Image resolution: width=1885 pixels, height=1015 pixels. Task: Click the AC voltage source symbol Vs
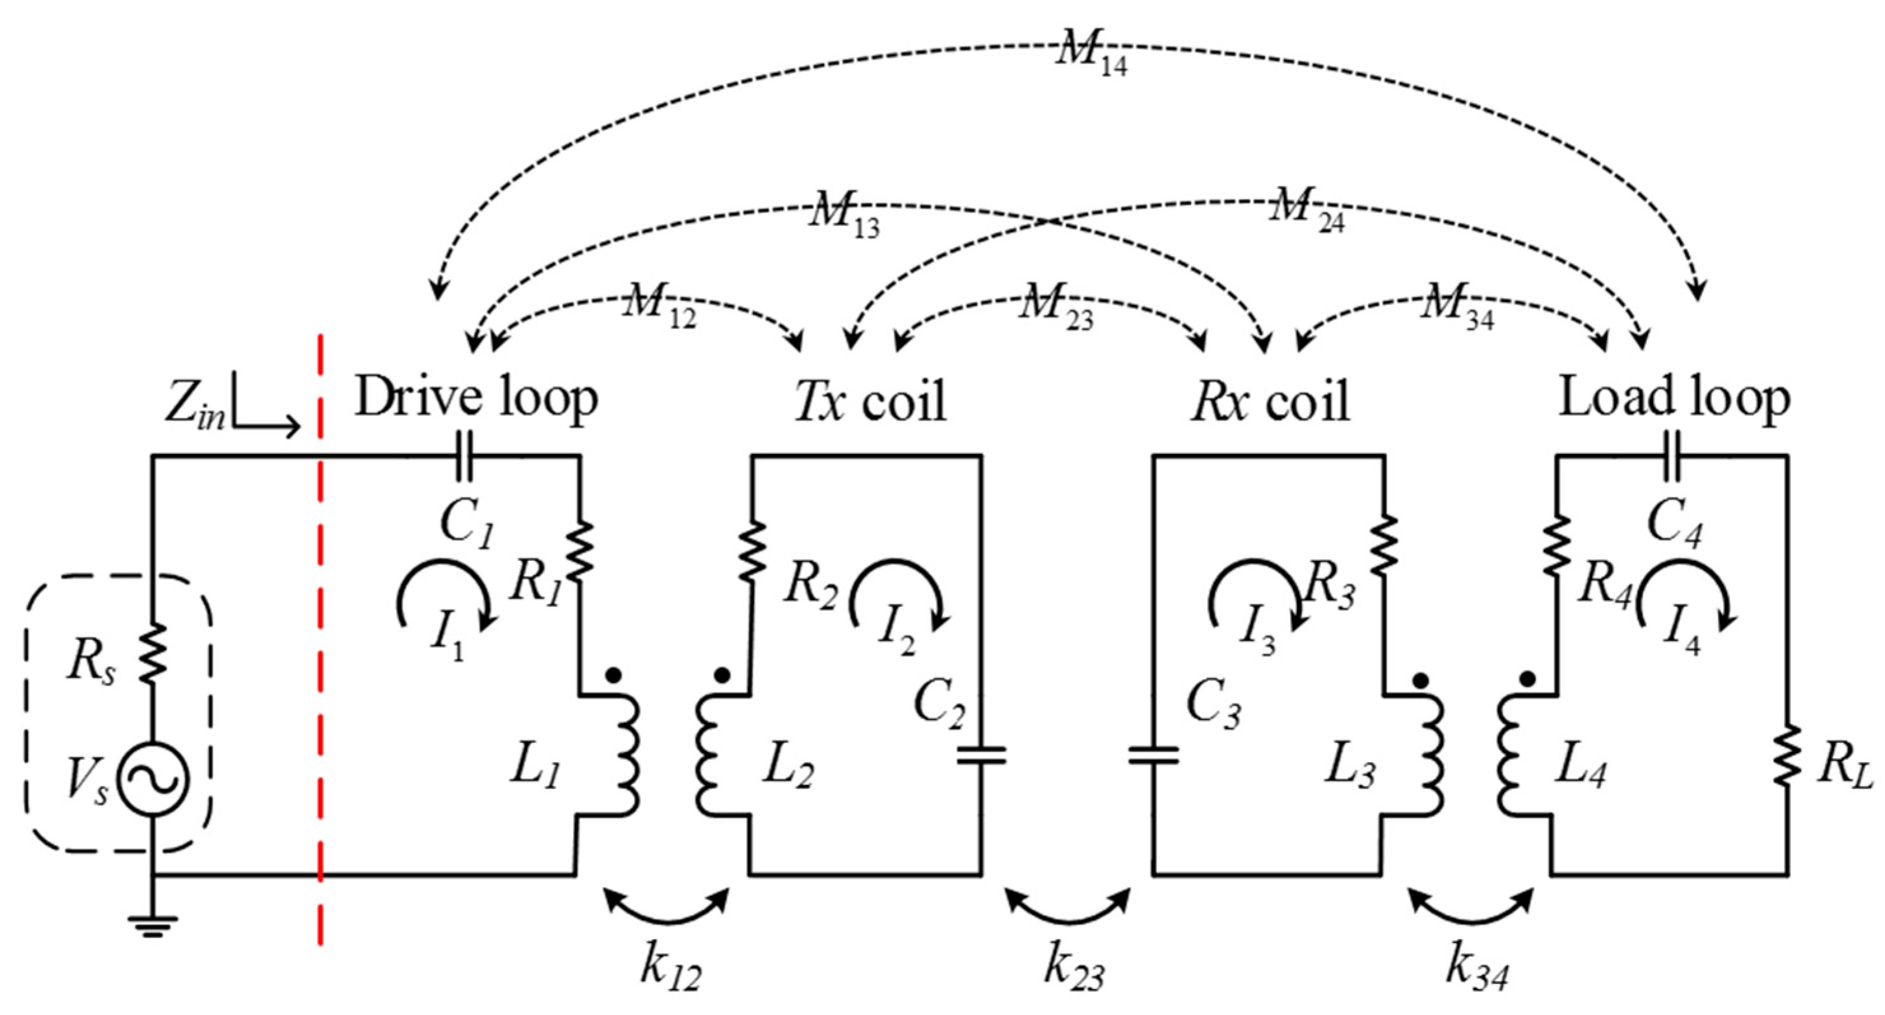tap(153, 779)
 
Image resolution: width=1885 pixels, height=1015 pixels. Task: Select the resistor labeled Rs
tap(152, 653)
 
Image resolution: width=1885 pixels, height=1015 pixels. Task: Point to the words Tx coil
tap(871, 401)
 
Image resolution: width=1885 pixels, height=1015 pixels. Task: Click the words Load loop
tap(1674, 399)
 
